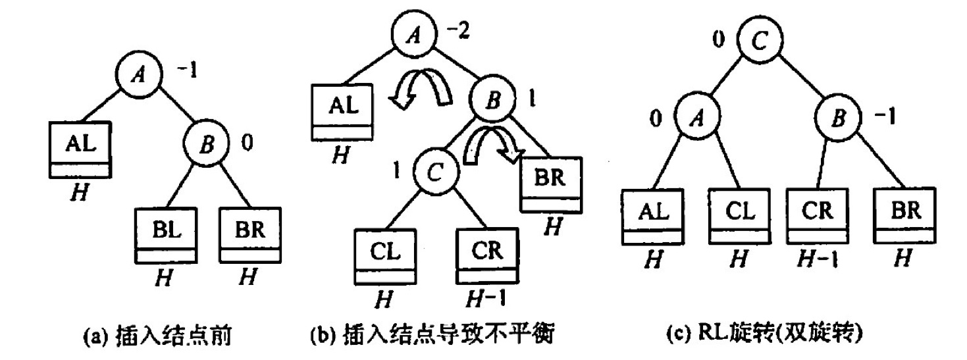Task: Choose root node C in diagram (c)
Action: coord(758,41)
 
